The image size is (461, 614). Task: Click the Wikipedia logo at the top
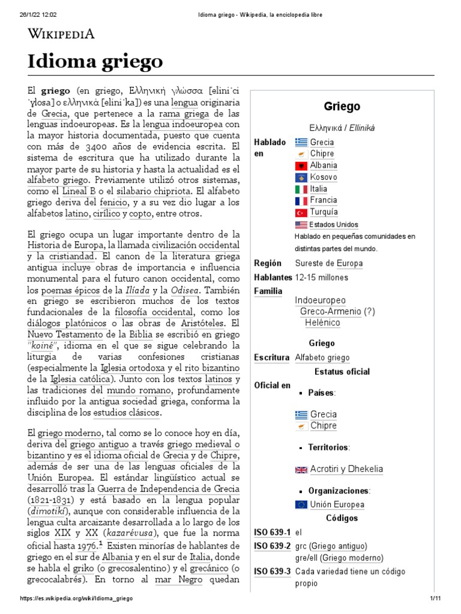61,34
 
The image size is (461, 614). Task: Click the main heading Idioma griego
95,61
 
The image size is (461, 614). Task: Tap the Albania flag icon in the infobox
301,165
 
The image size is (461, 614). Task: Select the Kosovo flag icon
301,177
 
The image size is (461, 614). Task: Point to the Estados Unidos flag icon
301,225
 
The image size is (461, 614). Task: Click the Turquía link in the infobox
324,212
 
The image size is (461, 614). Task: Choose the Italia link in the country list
319,189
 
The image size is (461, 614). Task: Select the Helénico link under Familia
322,323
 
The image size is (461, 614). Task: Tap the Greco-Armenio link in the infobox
331,311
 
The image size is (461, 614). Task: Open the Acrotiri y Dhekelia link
346,469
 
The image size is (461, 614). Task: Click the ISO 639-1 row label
272,532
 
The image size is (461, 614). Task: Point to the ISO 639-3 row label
272,571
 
